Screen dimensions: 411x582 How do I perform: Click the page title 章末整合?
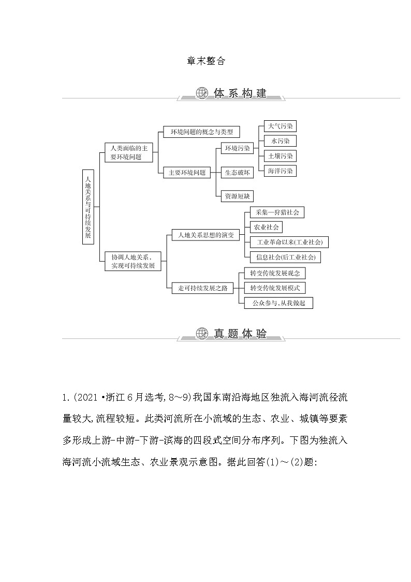(x=205, y=61)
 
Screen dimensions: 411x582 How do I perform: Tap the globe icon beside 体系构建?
(x=202, y=93)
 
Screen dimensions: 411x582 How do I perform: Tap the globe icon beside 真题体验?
(x=202, y=334)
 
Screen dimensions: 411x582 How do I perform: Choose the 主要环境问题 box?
(x=187, y=173)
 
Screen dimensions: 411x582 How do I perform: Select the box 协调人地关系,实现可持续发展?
(x=133, y=261)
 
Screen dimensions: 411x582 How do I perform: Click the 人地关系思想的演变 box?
(x=202, y=235)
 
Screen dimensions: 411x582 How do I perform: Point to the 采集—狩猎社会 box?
(x=276, y=212)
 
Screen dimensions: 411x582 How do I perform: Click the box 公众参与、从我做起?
(x=278, y=303)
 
